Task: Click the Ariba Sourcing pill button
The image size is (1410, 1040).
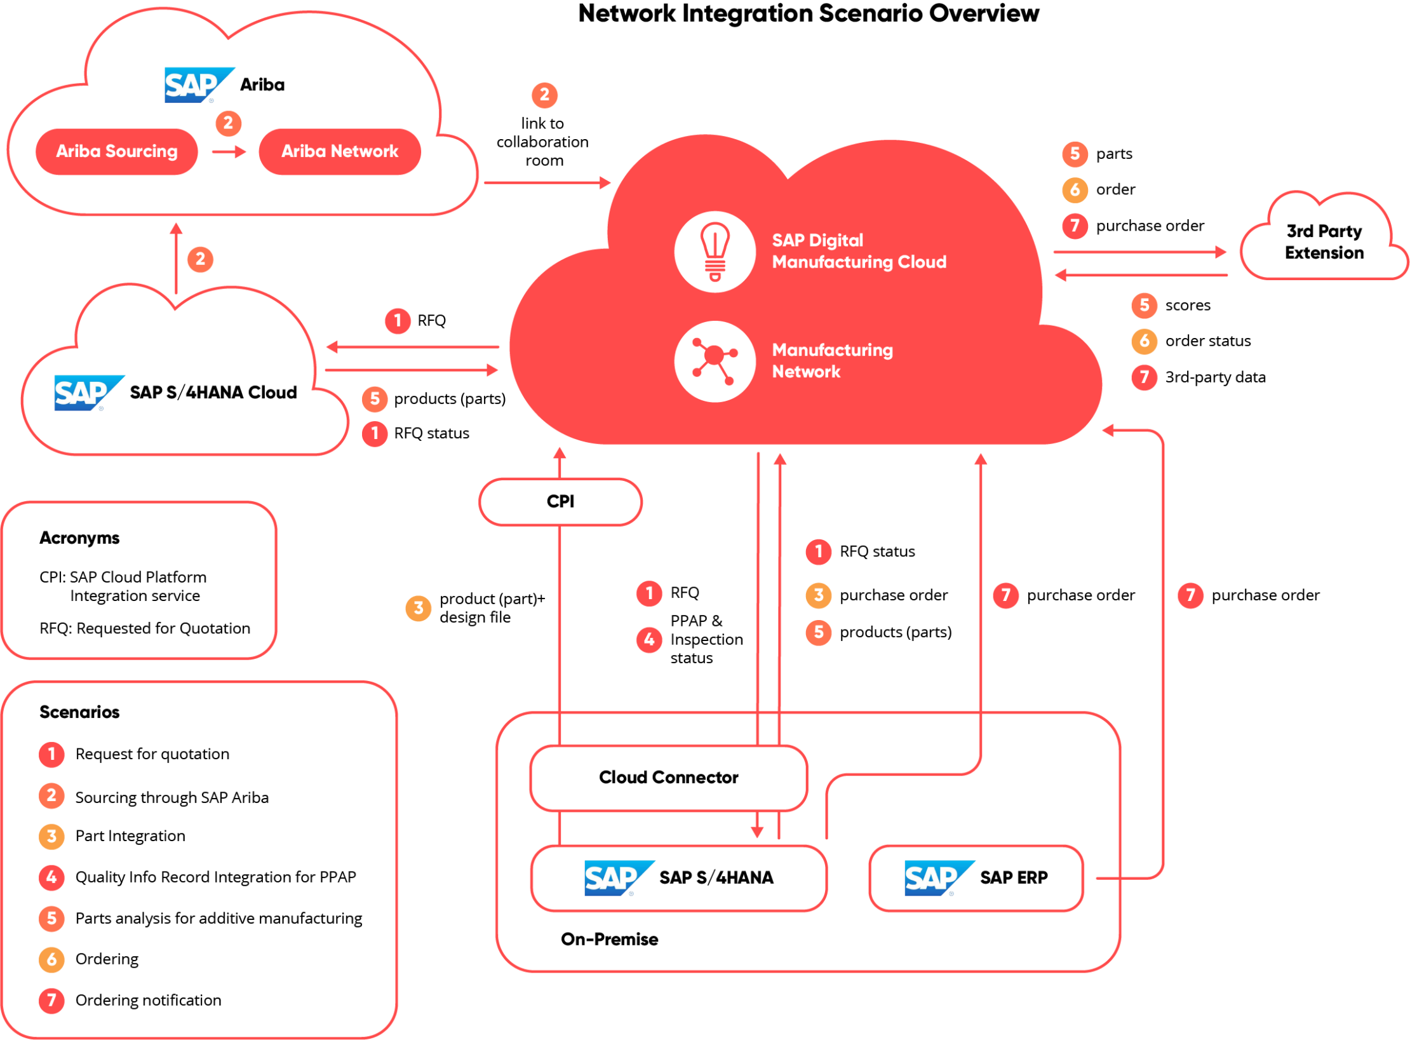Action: coord(117,151)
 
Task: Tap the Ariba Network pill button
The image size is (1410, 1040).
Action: coord(340,151)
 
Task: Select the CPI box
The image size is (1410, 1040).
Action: coord(560,501)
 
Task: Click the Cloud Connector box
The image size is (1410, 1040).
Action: coord(668,777)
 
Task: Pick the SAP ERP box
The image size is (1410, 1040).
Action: coord(976,877)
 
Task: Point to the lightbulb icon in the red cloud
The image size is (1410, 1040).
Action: coord(715,252)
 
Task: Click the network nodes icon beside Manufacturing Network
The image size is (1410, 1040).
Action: coord(715,361)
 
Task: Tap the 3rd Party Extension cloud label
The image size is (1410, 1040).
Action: coord(1324,242)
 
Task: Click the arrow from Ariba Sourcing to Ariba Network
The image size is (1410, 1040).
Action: coord(229,151)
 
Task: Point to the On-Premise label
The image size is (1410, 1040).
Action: coord(609,939)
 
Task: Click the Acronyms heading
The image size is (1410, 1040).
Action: coord(79,537)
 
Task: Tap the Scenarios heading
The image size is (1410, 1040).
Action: coord(79,712)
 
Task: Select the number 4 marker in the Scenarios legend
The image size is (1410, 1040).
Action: coord(51,877)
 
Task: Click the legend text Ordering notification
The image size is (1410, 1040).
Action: coord(148,1000)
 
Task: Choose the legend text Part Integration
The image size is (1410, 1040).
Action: coord(130,835)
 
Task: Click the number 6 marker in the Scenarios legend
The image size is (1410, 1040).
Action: coord(51,959)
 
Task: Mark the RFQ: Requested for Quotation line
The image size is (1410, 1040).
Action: coord(145,628)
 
